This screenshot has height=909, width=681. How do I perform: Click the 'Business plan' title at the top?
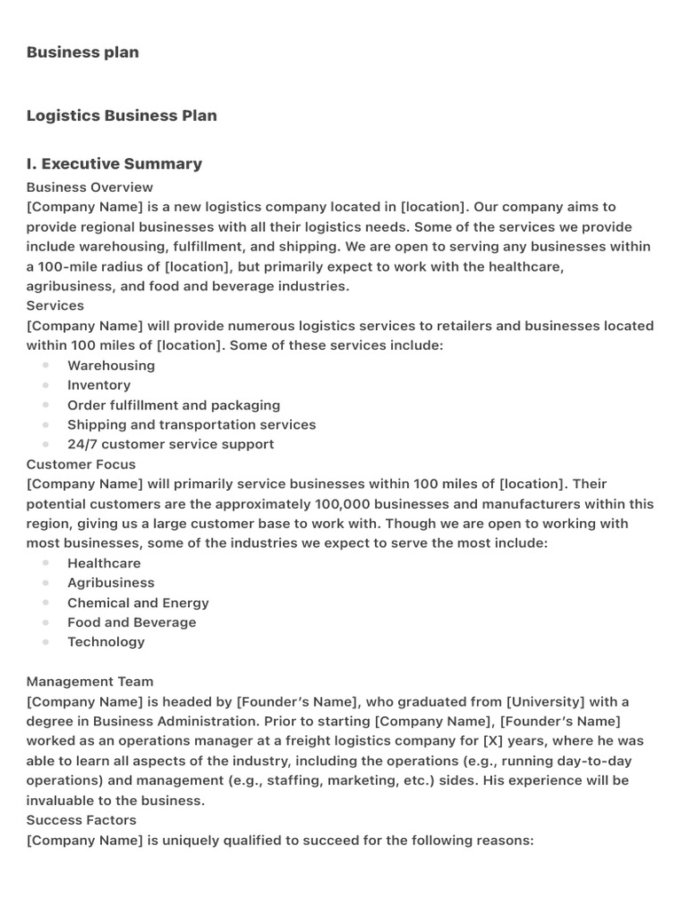click(82, 52)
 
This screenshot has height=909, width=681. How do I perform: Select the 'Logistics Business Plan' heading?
click(121, 115)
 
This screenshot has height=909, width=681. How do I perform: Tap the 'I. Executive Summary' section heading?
click(114, 163)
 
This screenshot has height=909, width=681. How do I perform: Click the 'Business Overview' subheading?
click(90, 187)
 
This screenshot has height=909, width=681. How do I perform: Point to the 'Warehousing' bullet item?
click(111, 366)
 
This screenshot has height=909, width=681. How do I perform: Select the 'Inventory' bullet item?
click(98, 385)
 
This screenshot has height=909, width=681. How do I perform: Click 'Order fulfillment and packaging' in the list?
click(174, 405)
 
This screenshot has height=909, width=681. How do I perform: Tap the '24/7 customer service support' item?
click(171, 444)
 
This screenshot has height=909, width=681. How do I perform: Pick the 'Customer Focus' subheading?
click(82, 464)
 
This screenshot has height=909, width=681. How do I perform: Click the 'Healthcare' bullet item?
click(104, 563)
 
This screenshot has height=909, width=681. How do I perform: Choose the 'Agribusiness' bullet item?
click(111, 582)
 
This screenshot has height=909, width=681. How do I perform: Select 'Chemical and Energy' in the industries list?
click(138, 603)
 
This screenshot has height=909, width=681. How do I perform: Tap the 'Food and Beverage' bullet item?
click(132, 622)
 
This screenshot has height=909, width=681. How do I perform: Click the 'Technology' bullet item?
click(106, 642)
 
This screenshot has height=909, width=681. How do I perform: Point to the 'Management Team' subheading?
click(90, 682)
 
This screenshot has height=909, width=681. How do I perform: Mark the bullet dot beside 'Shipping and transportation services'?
click(45, 424)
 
